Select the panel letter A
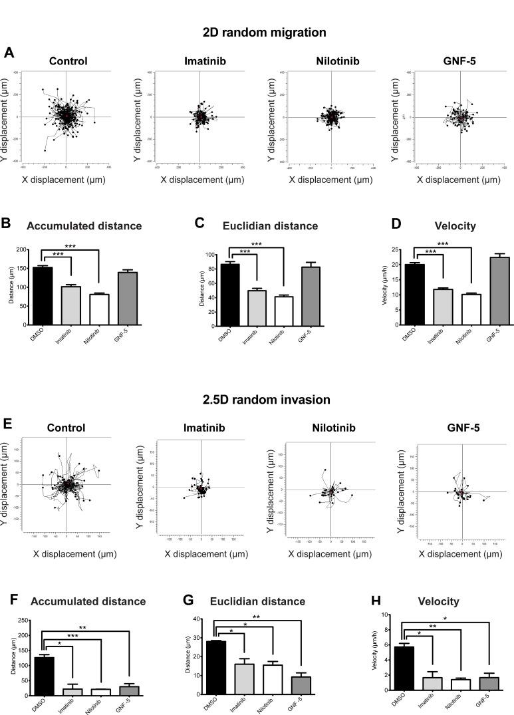[9, 52]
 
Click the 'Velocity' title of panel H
[434, 601]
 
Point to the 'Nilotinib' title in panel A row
[330, 62]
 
